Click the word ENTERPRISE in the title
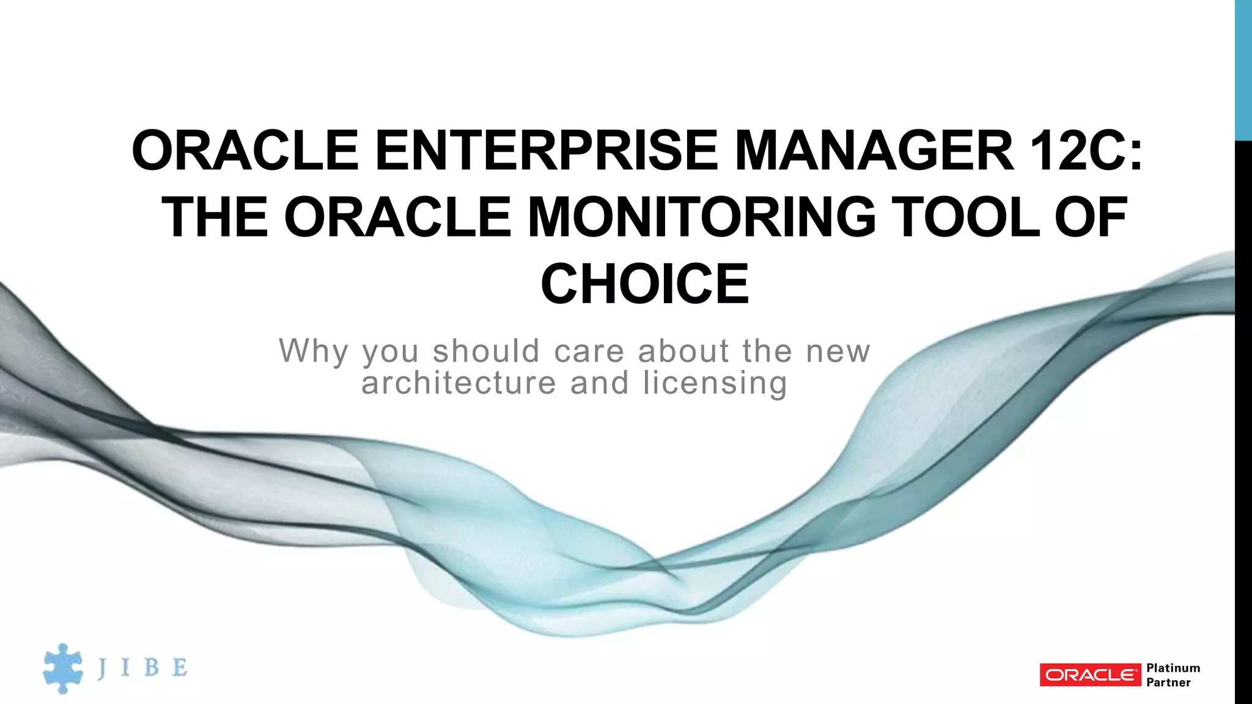click(547, 150)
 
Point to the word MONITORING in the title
click(701, 217)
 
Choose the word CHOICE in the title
click(644, 284)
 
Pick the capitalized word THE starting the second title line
click(215, 217)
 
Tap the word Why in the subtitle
click(314, 351)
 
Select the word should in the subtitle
click(487, 351)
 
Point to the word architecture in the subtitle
click(458, 383)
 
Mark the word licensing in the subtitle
click(715, 383)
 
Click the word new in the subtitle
click(838, 351)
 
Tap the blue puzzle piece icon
click(62, 668)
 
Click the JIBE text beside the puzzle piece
click(142, 667)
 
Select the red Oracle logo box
click(1090, 675)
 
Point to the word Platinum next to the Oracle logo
click(1173, 667)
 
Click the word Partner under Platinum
click(1168, 682)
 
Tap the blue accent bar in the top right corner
click(1243, 70)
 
